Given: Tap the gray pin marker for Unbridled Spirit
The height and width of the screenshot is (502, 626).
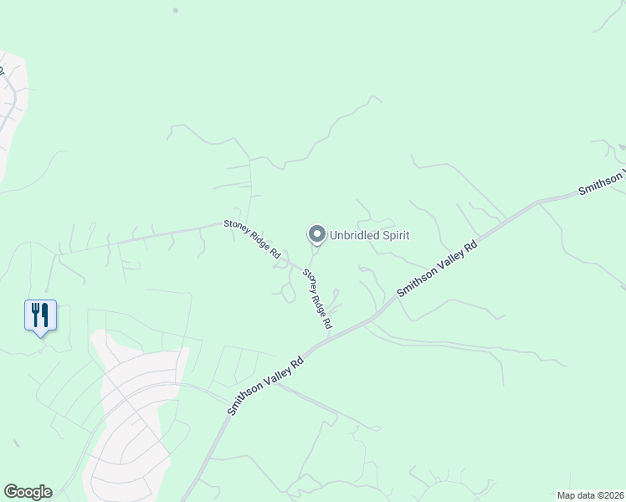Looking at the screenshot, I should click(316, 235).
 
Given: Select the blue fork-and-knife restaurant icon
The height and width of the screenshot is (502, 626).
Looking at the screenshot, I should click(40, 315).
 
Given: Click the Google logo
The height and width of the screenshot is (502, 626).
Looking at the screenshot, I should click(28, 492).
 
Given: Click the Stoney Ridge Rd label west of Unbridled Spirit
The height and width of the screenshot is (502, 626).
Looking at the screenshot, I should click(251, 238).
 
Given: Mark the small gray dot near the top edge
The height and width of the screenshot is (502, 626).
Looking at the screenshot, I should click(175, 10).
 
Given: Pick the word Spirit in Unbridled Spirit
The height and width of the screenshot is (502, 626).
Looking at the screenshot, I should click(395, 235).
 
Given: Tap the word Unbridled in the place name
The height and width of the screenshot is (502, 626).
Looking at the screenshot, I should click(354, 235).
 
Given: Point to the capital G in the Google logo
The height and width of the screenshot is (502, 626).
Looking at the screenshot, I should click(11, 492).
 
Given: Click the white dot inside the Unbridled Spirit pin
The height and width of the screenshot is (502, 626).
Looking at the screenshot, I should click(316, 234).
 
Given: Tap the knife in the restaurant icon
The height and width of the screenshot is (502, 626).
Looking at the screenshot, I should click(45, 315).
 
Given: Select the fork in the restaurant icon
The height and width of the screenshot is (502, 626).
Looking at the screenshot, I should click(35, 315).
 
